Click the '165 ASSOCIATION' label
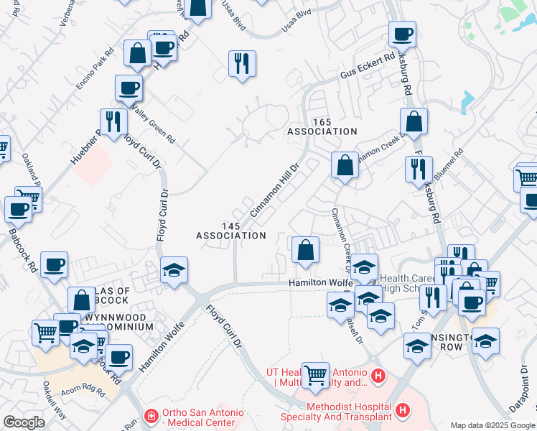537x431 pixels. tap(322, 127)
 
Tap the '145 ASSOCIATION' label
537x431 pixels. tap(231, 231)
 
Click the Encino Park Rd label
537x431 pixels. tap(95, 70)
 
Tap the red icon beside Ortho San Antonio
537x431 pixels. tap(151, 416)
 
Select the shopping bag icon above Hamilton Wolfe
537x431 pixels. tap(305, 250)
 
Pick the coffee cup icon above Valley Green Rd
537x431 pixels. tap(129, 88)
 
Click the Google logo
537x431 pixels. tap(24, 422)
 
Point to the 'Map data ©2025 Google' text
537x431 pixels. tap(492, 425)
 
